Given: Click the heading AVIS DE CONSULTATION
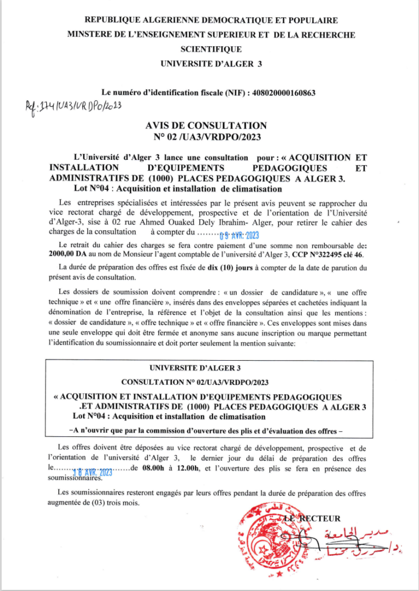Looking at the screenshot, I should tap(207, 125).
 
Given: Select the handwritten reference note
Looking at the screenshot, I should tap(73, 106).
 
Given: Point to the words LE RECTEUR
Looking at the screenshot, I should tap(315, 518).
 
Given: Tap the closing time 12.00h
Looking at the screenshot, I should tap(184, 468).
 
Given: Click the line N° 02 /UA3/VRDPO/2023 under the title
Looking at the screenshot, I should tap(207, 137).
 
